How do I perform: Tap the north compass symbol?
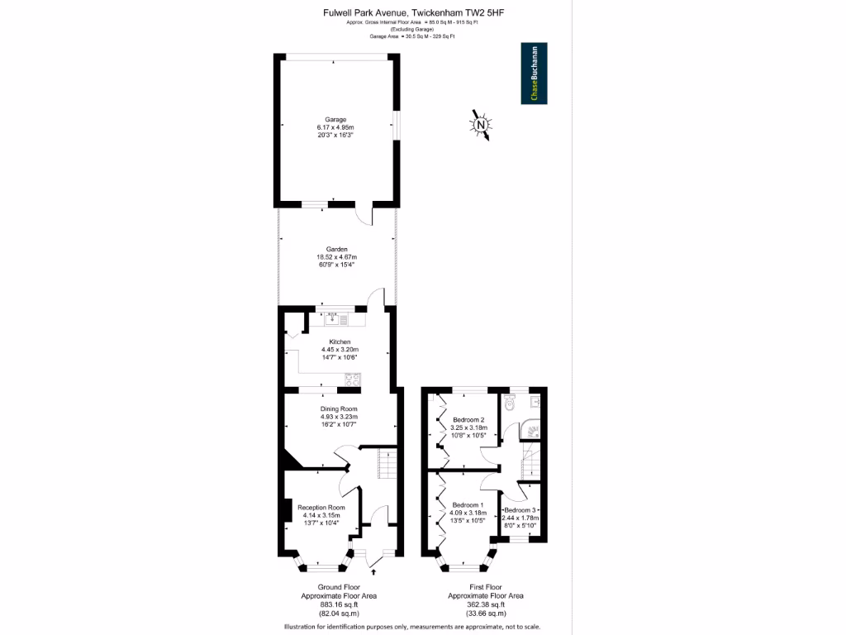click(480, 125)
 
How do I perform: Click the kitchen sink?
click(340, 317)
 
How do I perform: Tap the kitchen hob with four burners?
click(351, 380)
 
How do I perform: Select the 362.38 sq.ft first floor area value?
click(485, 604)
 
